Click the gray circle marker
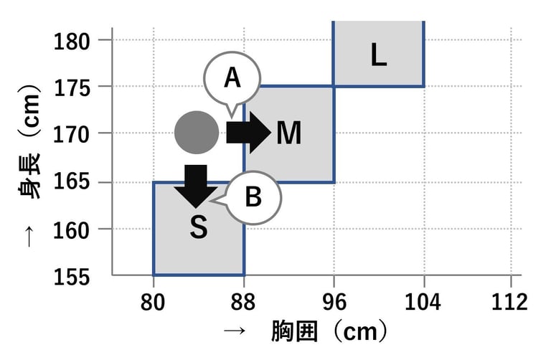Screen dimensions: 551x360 pyautogui.click(x=197, y=133)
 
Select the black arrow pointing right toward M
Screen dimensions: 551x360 pyautogui.click(x=248, y=133)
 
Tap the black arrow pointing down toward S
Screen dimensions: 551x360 pyautogui.click(x=196, y=186)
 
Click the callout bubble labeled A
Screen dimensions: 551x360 pyautogui.click(x=231, y=78)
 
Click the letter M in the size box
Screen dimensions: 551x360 pyautogui.click(x=288, y=133)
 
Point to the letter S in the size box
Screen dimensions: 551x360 pyautogui.click(x=199, y=227)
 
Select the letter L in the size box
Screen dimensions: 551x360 pyautogui.click(x=378, y=55)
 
